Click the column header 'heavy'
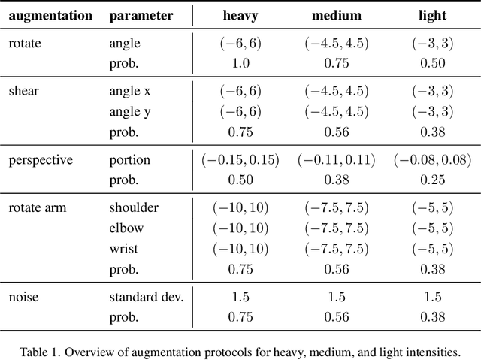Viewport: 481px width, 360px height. (240, 15)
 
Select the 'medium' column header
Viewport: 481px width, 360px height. (336, 15)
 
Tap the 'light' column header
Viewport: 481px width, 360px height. (433, 15)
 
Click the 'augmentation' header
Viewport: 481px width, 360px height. (50, 15)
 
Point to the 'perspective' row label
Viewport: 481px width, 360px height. (41, 160)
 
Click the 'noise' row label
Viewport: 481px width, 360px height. (23, 297)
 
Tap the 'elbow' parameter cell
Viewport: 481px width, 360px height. (126, 227)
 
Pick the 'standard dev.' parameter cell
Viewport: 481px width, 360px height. (146, 297)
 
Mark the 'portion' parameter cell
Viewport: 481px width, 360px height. (129, 160)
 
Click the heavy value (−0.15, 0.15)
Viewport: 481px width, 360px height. (240, 160)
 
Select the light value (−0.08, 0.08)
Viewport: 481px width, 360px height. (432, 160)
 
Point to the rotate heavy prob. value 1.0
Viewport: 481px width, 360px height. (240, 63)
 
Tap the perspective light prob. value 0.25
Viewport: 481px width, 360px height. (432, 180)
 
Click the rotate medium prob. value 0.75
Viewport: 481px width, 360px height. (336, 63)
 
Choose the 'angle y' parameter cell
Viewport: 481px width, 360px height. (130, 111)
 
